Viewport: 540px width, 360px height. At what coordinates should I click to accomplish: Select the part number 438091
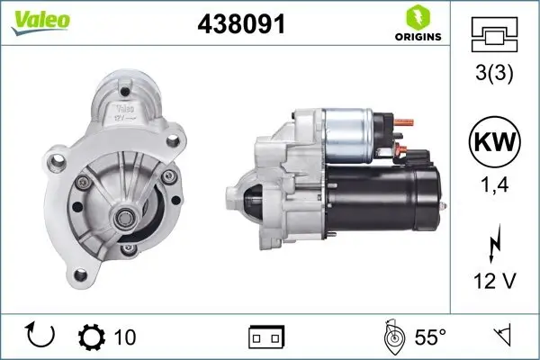tap(240, 24)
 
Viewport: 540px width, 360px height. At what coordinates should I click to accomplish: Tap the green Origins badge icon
tap(416, 18)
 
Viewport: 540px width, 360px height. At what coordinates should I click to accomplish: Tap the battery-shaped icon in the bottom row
tap(266, 338)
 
